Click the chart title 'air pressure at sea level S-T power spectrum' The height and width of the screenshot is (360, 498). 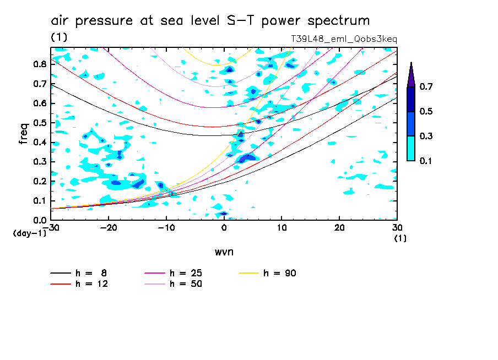tap(210, 21)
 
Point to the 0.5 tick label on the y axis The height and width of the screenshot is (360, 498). tap(39, 123)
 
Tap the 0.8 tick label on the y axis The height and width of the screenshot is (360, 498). tap(39, 64)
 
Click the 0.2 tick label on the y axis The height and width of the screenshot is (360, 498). tap(39, 181)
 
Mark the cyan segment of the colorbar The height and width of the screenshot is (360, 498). tap(411, 148)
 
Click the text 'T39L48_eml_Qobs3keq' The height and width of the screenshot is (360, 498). tap(344, 39)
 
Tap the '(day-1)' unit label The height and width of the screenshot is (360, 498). tap(30, 233)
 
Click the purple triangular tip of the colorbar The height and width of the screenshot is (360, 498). tap(411, 74)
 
